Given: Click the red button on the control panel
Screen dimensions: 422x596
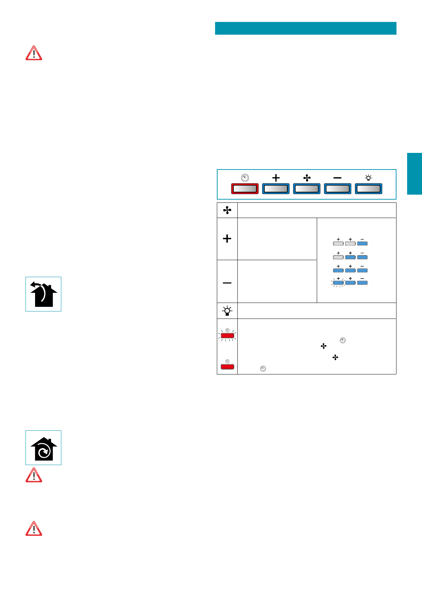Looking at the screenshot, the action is [245, 189].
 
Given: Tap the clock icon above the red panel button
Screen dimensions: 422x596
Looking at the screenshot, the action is [245, 178].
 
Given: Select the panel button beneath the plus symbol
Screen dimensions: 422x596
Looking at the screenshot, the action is [276, 189].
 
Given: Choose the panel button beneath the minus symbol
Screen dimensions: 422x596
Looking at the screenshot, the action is [338, 189].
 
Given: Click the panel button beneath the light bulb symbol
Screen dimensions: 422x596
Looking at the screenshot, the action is [368, 189].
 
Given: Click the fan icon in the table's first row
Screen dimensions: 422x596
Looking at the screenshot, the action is [227, 211].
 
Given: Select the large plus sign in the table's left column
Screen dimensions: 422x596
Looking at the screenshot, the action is [227, 239].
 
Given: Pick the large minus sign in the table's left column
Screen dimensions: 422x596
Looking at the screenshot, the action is [227, 283].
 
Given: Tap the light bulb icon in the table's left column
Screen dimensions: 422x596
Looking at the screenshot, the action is [227, 311].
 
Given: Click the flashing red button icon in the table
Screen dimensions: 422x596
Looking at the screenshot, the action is [227, 335].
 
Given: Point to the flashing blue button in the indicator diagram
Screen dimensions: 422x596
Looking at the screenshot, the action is [338, 283].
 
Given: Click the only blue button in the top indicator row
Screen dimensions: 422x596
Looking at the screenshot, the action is [362, 243].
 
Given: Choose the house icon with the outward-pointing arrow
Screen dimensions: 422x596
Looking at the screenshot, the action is [43, 294].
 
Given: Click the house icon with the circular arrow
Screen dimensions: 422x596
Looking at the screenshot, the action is [43, 448].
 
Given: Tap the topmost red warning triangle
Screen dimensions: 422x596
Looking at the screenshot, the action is [34, 53].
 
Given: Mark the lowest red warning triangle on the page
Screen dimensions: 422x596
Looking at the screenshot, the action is [34, 529].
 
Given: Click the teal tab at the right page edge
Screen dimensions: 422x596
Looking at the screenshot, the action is [414, 174].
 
